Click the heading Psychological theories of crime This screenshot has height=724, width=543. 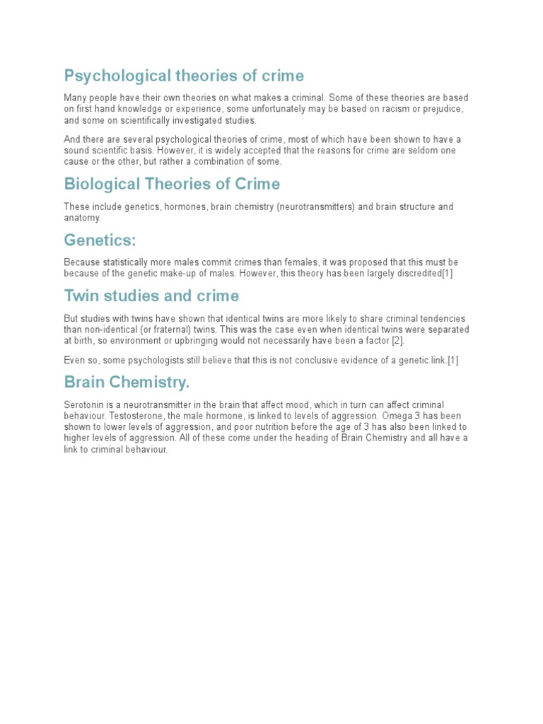184,76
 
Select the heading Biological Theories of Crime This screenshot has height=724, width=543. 172,185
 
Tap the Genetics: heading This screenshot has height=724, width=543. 99,240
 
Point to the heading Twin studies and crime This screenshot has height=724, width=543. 151,296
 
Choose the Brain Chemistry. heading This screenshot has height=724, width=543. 127,383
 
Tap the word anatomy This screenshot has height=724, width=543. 82,218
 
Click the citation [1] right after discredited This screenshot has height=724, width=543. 447,274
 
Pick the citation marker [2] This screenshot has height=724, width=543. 397,340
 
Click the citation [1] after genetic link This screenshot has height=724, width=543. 452,361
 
